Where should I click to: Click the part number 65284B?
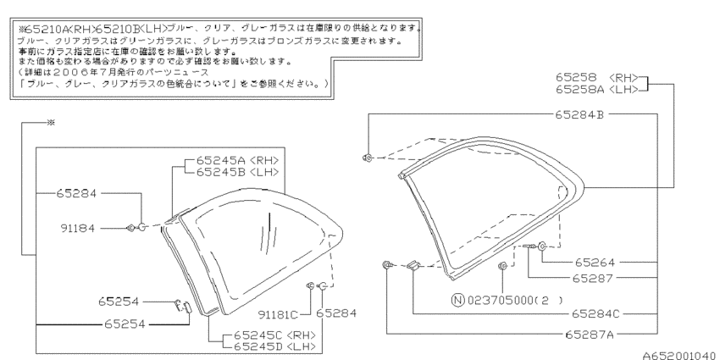(579, 114)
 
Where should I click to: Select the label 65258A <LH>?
(597, 90)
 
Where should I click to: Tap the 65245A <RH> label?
(238, 160)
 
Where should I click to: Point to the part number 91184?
(77, 228)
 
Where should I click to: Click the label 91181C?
(278, 315)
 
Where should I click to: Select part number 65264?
(594, 263)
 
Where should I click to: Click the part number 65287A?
(590, 335)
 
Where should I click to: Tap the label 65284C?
(595, 314)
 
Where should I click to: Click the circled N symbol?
(457, 301)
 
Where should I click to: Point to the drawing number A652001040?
(678, 356)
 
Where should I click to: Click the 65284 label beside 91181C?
(336, 313)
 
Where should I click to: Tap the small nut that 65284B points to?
(367, 158)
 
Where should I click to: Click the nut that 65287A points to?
(387, 264)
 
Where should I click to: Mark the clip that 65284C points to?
(413, 265)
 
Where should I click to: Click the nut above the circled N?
(503, 265)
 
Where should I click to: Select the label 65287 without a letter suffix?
(593, 279)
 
